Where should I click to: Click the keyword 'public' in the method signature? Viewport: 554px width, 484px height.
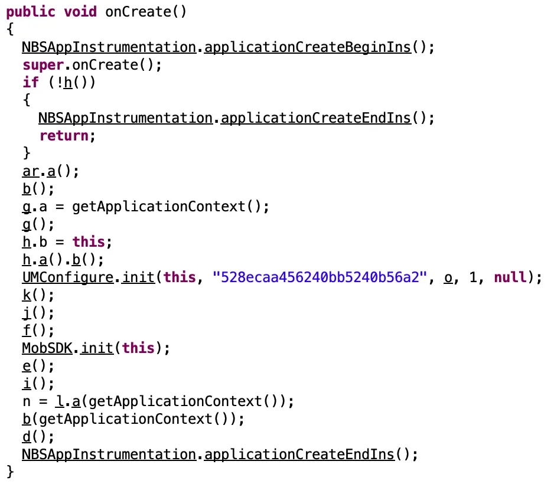click(30, 12)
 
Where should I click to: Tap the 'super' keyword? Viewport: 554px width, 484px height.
click(43, 64)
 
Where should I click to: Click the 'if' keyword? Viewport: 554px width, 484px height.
click(30, 82)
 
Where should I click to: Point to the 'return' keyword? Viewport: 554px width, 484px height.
click(64, 136)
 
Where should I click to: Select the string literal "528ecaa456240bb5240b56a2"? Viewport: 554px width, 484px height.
click(322, 277)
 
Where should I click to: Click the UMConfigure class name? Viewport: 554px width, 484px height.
click(67, 277)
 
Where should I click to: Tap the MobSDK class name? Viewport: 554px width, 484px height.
click(47, 348)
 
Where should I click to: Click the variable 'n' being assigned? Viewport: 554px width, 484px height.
click(26, 401)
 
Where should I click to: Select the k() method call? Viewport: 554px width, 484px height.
click(26, 295)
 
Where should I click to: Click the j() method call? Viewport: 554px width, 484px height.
click(26, 313)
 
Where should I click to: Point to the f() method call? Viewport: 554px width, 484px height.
click(26, 331)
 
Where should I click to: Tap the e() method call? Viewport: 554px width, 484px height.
click(26, 366)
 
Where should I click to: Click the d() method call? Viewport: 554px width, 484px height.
click(26, 437)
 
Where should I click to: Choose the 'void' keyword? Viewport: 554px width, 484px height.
click(80, 12)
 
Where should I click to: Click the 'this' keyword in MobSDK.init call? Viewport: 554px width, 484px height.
click(138, 348)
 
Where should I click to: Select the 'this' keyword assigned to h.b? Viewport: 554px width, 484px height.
click(88, 242)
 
